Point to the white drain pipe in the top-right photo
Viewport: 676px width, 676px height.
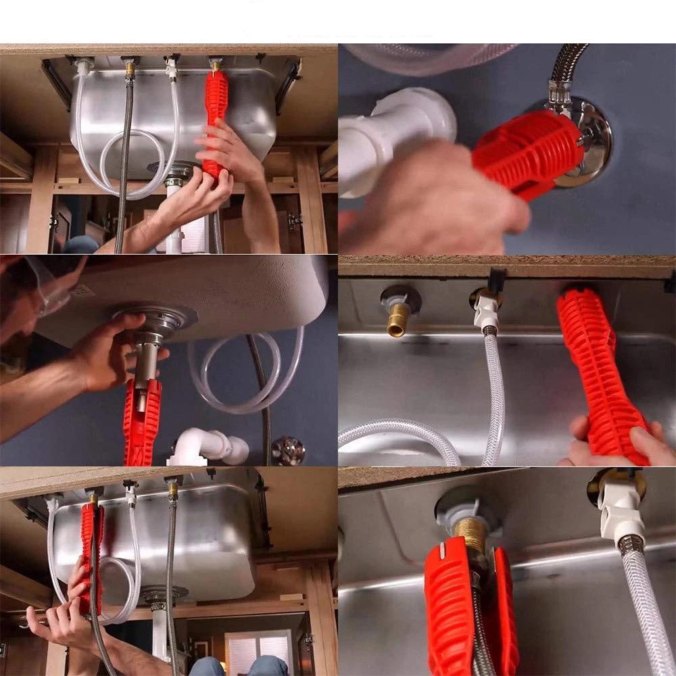pos(399,135)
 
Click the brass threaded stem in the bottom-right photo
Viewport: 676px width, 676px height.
pos(470,534)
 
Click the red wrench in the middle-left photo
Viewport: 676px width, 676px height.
pos(142,419)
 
